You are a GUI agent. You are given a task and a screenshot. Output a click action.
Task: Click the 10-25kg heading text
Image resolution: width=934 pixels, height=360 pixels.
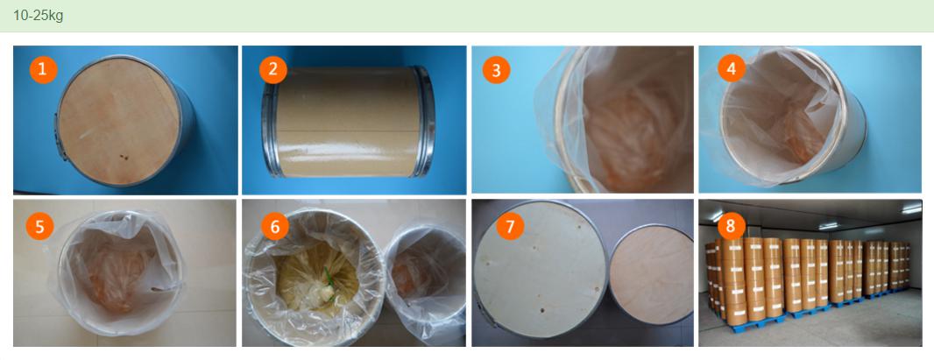click(x=39, y=16)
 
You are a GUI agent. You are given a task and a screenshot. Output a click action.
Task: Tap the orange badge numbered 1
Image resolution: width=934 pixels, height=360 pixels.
click(x=43, y=69)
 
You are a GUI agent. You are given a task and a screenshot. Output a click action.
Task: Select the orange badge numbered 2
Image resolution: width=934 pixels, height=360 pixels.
click(x=272, y=69)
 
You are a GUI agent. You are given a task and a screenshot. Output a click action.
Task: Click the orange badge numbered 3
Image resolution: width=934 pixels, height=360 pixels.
click(x=496, y=71)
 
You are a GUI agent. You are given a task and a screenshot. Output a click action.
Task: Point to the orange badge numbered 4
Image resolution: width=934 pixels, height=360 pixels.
click(x=732, y=68)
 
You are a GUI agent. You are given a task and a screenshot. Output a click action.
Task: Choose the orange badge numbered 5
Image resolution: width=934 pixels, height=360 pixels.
click(x=40, y=226)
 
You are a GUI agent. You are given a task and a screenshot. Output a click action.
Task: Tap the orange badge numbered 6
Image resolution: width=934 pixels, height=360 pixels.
click(x=275, y=226)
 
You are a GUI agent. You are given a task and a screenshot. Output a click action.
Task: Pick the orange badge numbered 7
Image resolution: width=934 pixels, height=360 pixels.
click(x=511, y=226)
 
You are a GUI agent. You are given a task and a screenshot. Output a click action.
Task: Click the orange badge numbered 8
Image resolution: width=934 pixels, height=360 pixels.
click(x=732, y=226)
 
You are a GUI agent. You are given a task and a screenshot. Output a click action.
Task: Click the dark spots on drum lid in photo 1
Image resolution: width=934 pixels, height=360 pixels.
click(x=124, y=157)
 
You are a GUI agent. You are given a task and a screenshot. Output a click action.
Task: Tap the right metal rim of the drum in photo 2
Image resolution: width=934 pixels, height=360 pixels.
click(x=425, y=122)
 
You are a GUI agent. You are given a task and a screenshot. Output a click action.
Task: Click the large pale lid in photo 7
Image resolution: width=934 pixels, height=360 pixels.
click(x=541, y=270)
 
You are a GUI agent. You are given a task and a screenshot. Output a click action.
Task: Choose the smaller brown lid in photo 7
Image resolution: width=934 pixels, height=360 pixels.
click(x=652, y=274)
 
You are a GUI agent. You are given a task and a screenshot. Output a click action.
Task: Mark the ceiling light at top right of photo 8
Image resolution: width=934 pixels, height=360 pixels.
click(x=911, y=208)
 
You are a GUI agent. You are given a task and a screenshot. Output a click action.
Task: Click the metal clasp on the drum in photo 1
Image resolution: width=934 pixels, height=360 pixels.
click(x=60, y=137)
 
